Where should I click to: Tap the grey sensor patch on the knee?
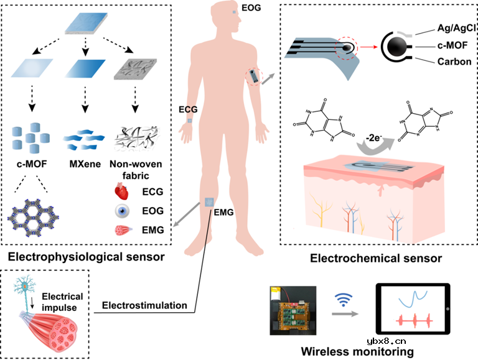(210, 202)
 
